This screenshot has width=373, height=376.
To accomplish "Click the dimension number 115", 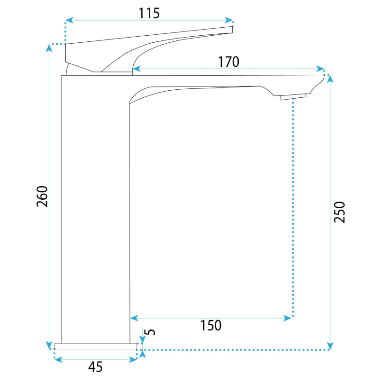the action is [149, 13].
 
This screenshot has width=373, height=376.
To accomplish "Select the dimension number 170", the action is [228, 62].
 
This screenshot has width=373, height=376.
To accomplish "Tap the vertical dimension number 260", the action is [42, 196].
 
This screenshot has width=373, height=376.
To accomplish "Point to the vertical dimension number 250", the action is [340, 212].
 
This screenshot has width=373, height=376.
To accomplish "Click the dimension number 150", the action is [211, 325].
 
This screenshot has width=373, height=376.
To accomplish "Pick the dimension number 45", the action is [95, 367].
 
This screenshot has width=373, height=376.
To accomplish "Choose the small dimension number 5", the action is [150, 332].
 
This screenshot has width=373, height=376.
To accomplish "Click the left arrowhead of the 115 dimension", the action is [69, 20].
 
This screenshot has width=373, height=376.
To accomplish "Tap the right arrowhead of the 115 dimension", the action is [229, 20].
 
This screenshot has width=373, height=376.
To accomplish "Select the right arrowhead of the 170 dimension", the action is [320, 69].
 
